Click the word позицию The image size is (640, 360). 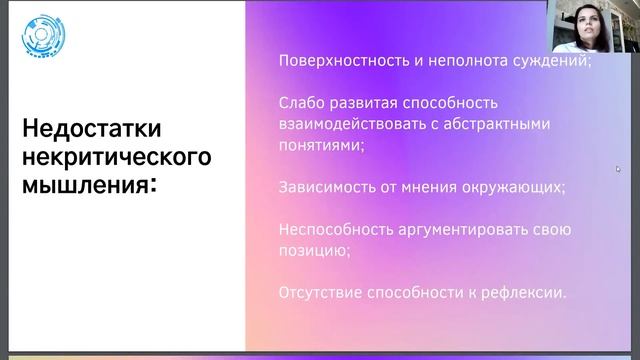click(x=311, y=250)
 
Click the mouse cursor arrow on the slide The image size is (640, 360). click(x=618, y=170)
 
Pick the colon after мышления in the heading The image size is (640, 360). click(x=152, y=185)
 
